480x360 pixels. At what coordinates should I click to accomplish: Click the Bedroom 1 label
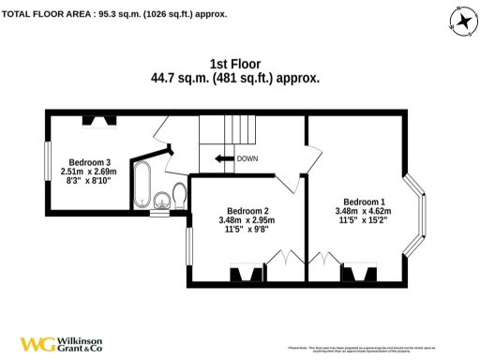[x=364, y=202]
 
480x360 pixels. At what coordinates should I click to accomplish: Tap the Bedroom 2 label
[x=246, y=210]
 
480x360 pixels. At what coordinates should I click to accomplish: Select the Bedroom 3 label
[x=82, y=161]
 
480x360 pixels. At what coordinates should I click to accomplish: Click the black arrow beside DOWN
[x=223, y=157]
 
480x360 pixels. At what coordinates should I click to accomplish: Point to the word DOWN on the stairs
[x=247, y=158]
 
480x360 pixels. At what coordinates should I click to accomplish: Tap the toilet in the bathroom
[x=160, y=199]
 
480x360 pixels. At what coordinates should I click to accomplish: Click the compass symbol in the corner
[x=459, y=20]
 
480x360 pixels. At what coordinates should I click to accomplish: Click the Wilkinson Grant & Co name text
[x=82, y=344]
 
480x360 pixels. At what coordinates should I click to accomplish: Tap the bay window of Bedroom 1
[x=418, y=214]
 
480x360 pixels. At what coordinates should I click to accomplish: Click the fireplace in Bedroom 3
[x=98, y=119]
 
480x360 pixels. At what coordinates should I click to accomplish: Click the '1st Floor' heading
[x=235, y=65]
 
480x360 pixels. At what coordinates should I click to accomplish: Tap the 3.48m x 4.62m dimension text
[x=363, y=213]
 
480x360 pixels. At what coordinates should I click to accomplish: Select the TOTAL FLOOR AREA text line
[x=113, y=14]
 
